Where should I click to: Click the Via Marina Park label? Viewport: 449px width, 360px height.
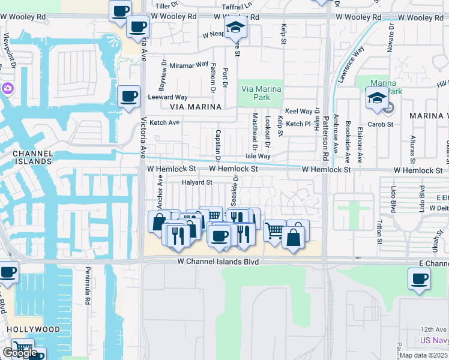pos(261,94)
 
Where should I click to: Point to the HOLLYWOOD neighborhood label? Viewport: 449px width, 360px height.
pos(34,329)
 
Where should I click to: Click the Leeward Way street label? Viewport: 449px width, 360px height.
pos(168,97)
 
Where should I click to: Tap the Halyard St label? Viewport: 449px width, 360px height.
pos(197,182)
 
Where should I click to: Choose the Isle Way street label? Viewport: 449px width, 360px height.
pos(258,156)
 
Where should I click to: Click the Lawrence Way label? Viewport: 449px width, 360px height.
pos(351,65)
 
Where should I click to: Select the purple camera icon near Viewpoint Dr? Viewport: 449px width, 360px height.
pos(8,89)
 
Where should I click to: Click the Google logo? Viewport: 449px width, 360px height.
pos(20,353)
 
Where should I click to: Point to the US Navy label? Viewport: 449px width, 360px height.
pos(435,341)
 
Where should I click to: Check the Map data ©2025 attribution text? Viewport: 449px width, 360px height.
pos(424,355)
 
